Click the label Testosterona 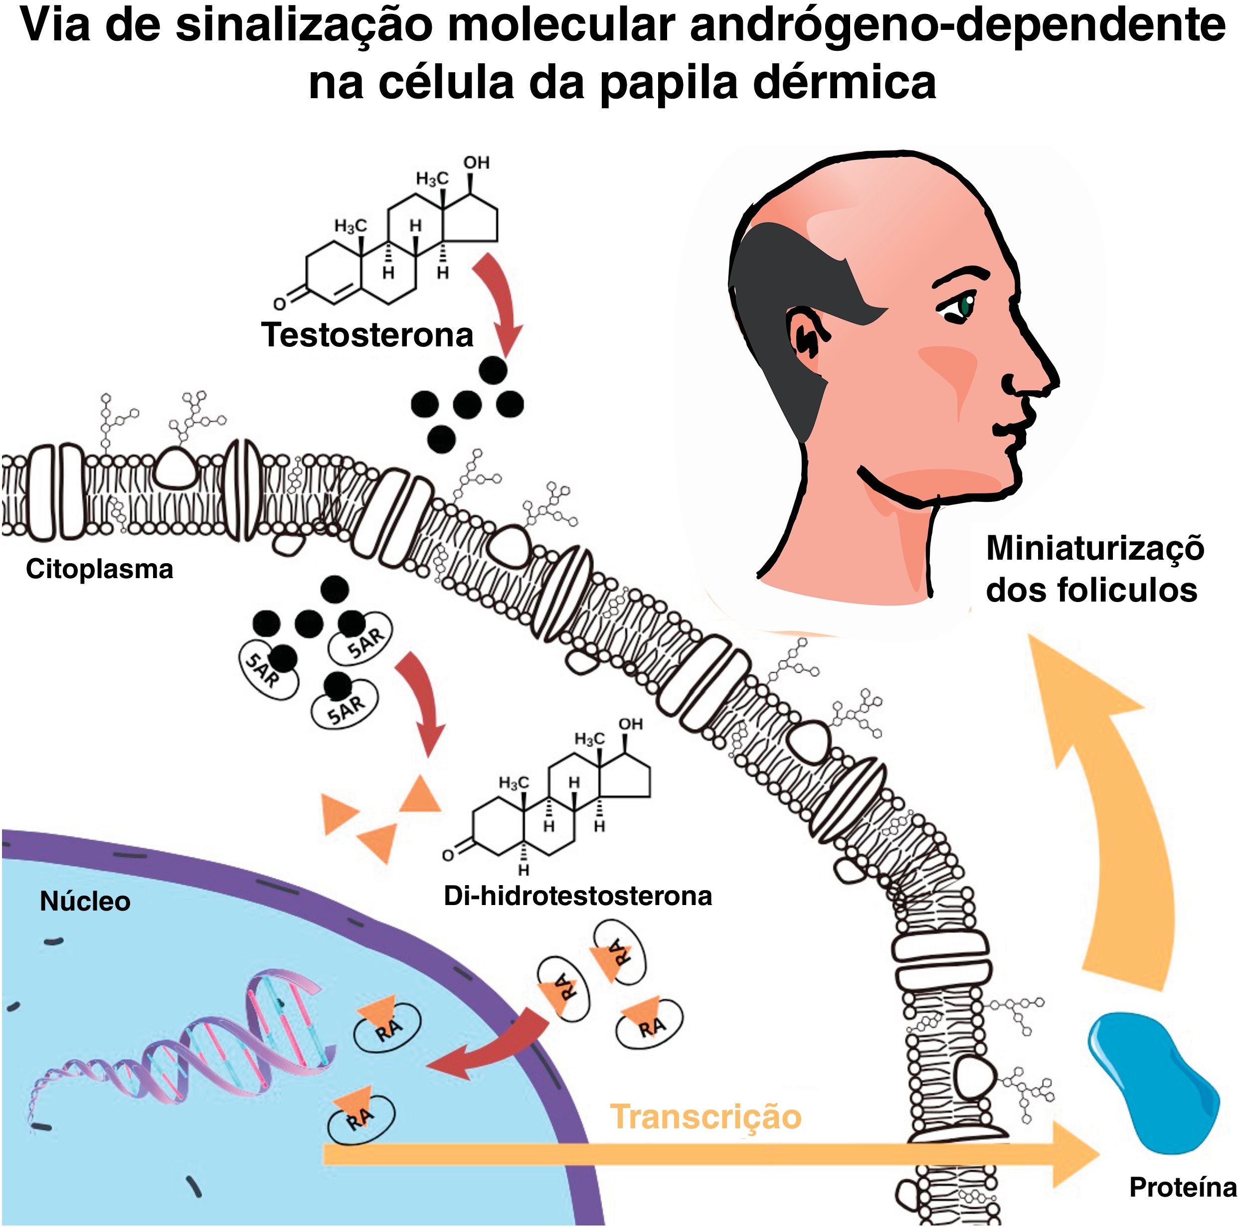[x=366, y=335]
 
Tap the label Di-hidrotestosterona [x=577, y=896]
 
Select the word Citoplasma [x=99, y=569]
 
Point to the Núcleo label [x=85, y=902]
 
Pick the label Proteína [x=1182, y=1187]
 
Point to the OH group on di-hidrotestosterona [x=630, y=724]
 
